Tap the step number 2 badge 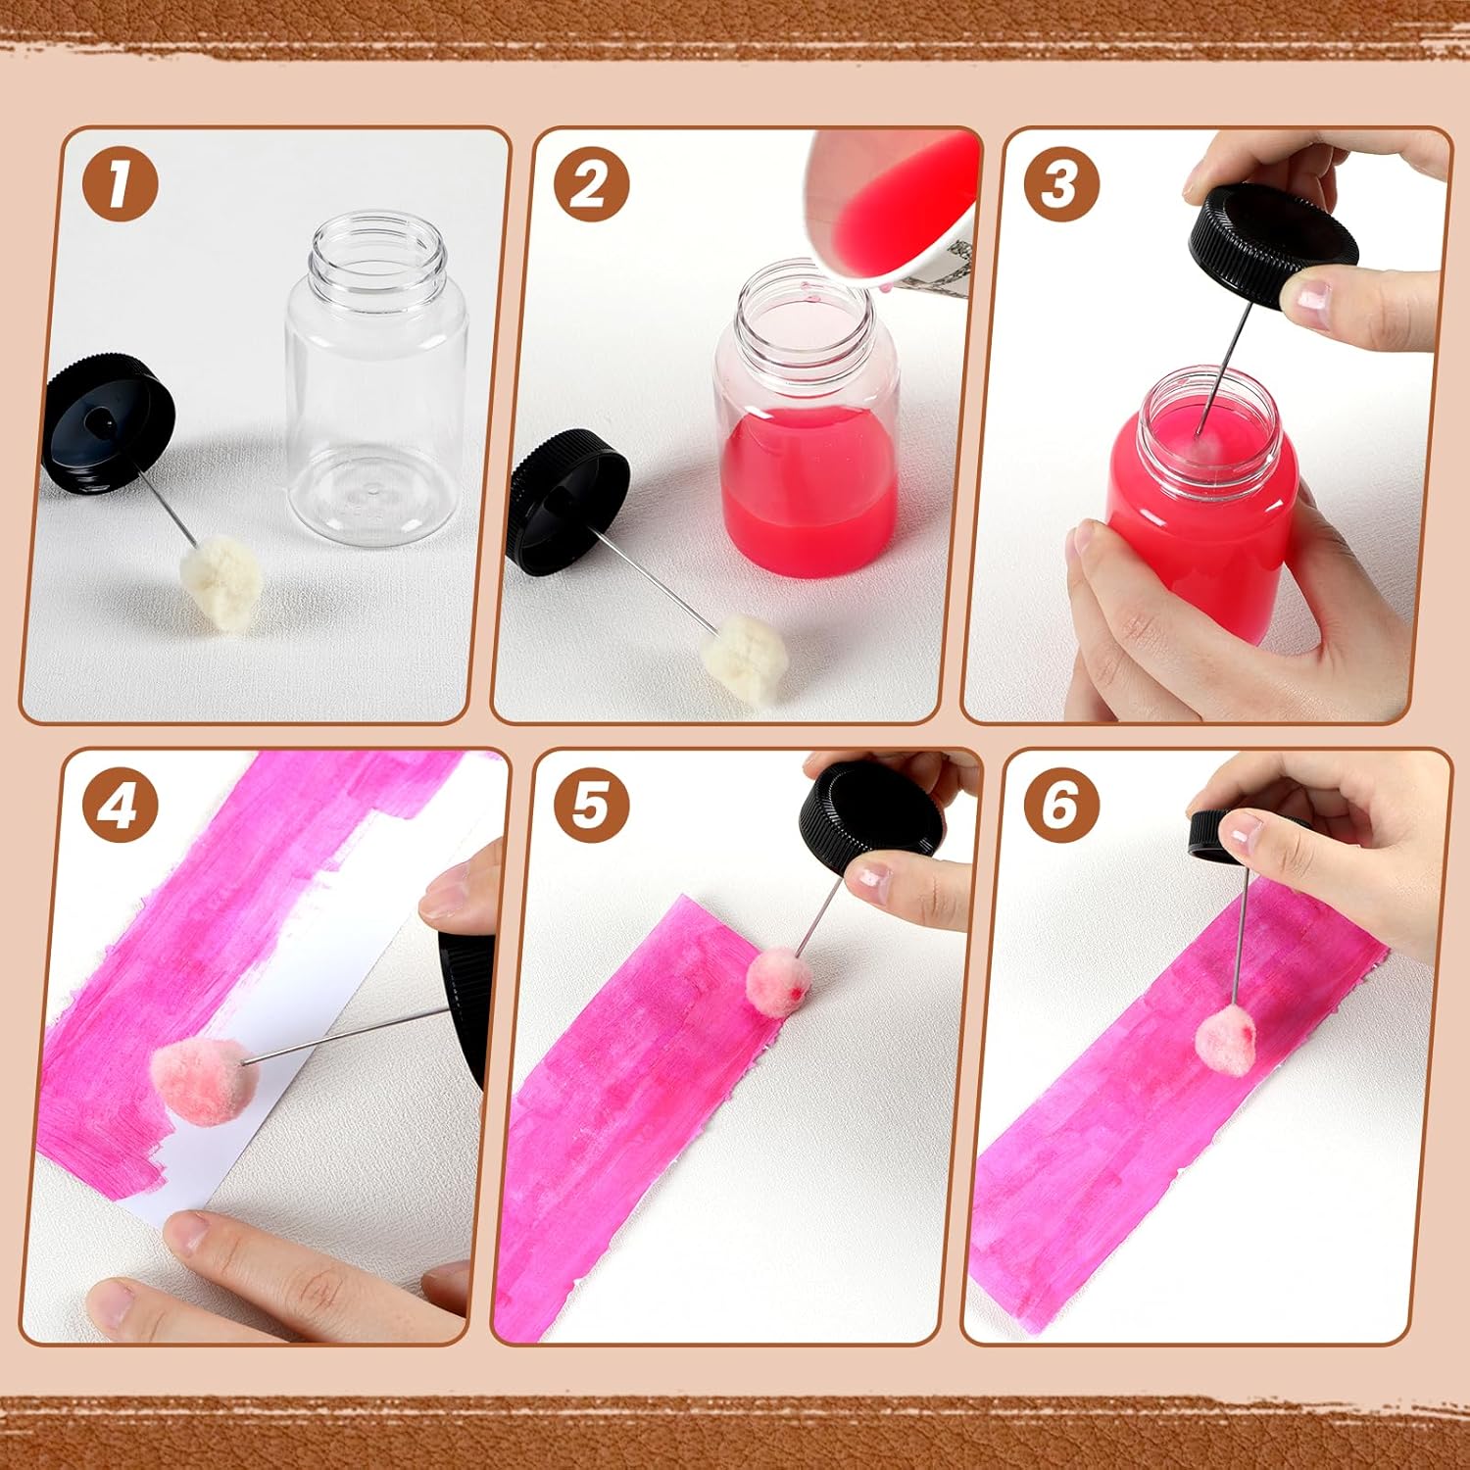point(591,183)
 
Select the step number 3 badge point(1062,183)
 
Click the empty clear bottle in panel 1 point(376,380)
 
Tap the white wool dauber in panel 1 point(221,583)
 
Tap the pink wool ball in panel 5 point(779,980)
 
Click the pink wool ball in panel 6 point(1227,1042)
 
